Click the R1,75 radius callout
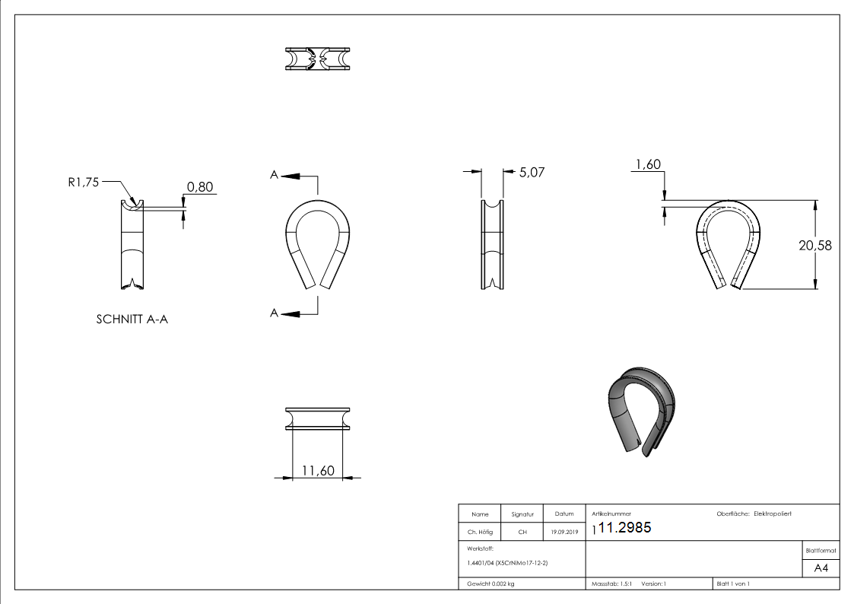(84, 183)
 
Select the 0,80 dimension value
(199, 187)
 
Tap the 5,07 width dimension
(532, 173)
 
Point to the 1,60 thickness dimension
(647, 164)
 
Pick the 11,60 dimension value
(318, 471)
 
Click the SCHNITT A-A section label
(132, 319)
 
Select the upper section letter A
(274, 175)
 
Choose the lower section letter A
(274, 313)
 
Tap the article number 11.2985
(625, 529)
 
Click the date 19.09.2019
(564, 532)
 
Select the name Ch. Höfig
(480, 532)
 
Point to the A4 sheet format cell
(821, 568)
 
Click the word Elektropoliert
(773, 514)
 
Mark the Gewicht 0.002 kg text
(490, 583)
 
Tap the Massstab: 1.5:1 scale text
(613, 583)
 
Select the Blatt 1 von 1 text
(733, 583)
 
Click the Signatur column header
(522, 514)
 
